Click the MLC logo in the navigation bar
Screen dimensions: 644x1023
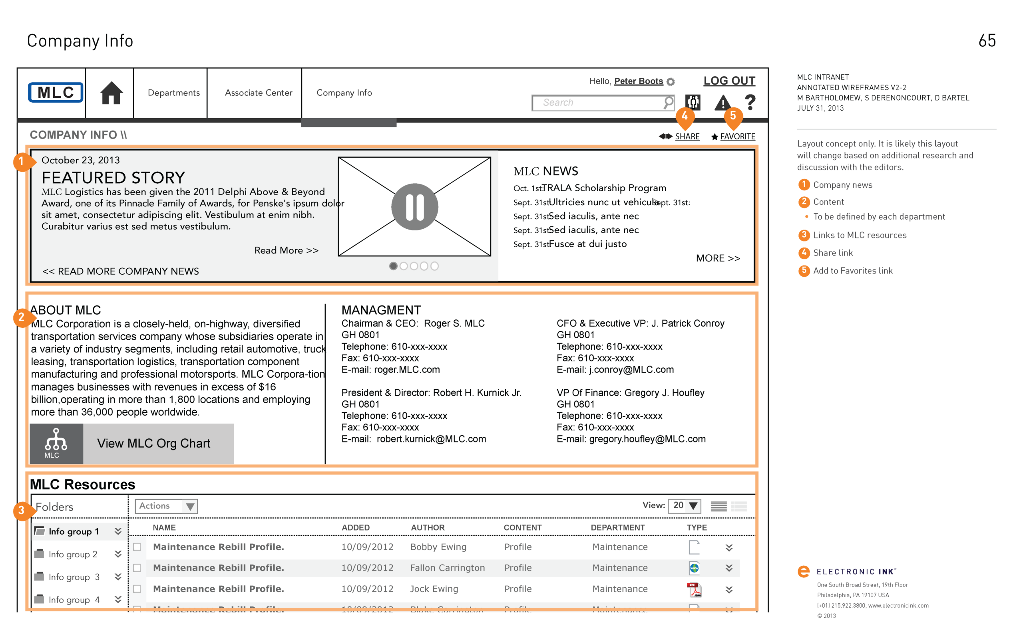point(55,93)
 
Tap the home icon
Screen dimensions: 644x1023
point(111,93)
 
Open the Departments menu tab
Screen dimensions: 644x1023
point(173,93)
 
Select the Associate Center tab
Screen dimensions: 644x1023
point(258,93)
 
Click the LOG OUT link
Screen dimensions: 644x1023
point(729,81)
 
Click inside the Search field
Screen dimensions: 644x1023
point(597,103)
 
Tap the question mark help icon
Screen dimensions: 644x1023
point(750,102)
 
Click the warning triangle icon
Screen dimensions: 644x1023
point(722,102)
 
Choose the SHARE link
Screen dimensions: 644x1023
point(687,137)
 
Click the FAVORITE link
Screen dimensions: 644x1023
point(737,137)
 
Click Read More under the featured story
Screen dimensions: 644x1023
point(287,250)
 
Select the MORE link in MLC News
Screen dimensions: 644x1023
point(718,258)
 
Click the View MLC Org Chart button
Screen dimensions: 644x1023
point(132,443)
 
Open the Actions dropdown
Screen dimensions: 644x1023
point(167,506)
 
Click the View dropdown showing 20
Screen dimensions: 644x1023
point(684,505)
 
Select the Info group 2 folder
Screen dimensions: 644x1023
point(73,554)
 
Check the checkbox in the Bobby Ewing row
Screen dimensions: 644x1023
point(137,547)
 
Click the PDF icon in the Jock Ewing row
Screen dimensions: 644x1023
point(694,589)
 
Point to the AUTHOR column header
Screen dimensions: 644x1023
point(428,528)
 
